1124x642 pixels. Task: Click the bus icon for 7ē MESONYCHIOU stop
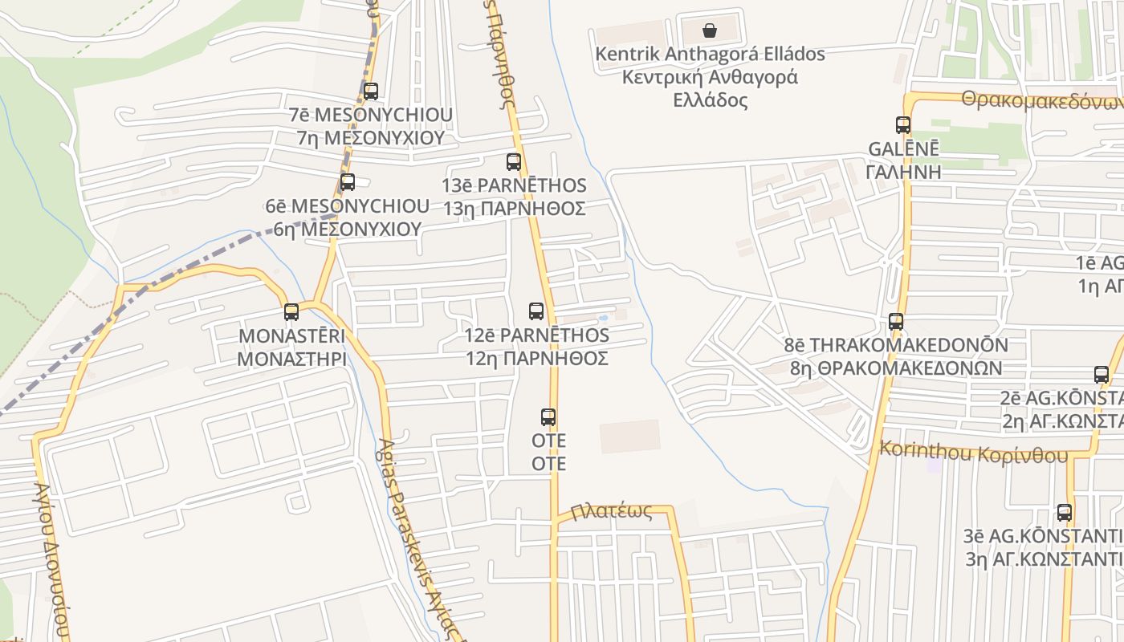click(370, 91)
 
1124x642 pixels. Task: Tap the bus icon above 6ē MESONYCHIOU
click(348, 182)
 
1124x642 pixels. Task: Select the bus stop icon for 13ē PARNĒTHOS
click(514, 162)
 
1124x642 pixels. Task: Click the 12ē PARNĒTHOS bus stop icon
click(536, 311)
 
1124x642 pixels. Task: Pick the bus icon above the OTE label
click(548, 417)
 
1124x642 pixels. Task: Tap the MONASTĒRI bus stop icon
click(291, 312)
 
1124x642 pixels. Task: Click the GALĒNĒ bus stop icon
click(903, 125)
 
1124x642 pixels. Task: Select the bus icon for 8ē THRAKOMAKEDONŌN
click(896, 322)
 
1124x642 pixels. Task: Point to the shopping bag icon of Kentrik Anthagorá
click(710, 30)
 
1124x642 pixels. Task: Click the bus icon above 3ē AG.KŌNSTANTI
click(1065, 512)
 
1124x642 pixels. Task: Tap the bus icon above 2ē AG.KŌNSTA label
click(1102, 375)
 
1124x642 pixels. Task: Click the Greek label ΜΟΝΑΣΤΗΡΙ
click(291, 358)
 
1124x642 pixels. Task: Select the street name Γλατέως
click(612, 511)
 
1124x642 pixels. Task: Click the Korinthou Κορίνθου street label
click(974, 453)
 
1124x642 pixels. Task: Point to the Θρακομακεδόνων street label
click(1042, 102)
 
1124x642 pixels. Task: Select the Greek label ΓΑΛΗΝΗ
click(903, 172)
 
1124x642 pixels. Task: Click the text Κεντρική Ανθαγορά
click(710, 78)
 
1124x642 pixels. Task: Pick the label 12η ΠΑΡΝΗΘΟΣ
click(536, 358)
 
